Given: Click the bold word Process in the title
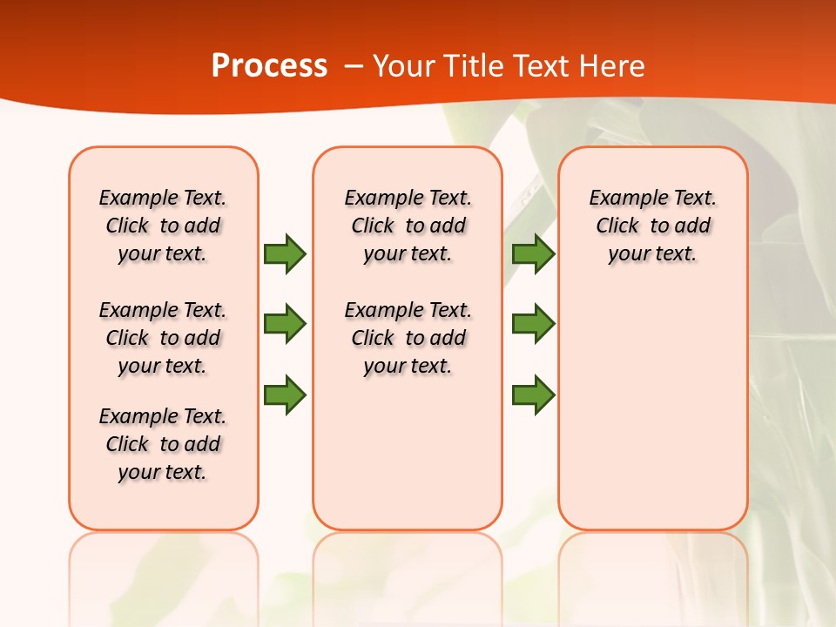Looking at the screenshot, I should (x=269, y=66).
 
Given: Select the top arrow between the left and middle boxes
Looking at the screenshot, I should (x=285, y=253).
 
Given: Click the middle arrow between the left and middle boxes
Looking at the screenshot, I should (x=285, y=324).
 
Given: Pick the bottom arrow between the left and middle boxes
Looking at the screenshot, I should (x=285, y=394).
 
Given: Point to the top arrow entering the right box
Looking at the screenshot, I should (x=533, y=253).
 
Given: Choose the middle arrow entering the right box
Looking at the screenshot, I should (x=533, y=324).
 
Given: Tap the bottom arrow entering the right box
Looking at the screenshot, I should (x=533, y=394).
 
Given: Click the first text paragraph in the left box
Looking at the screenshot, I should (x=163, y=226).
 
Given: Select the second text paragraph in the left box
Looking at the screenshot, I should (x=163, y=338).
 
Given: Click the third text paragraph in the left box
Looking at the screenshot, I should (x=163, y=444).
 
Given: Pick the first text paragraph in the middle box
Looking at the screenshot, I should (x=408, y=226).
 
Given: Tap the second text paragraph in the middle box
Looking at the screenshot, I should (x=408, y=338).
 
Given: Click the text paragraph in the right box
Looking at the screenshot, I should (x=652, y=226).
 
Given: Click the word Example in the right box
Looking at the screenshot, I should (x=621, y=198).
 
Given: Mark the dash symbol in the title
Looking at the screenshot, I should (x=354, y=66).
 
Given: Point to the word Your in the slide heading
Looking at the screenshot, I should (x=405, y=66).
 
